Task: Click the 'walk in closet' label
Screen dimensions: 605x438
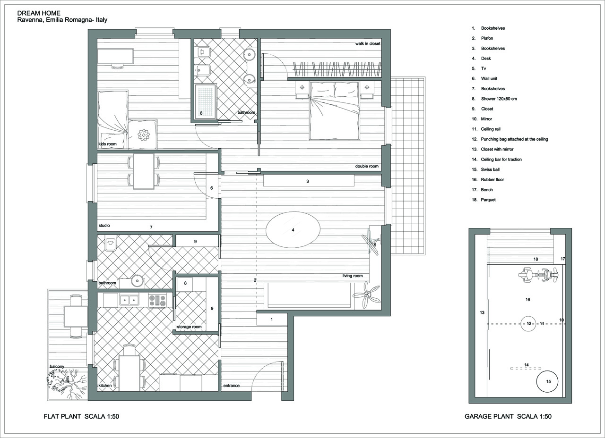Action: click(x=368, y=43)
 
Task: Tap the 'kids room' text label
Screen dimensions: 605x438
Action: click(x=107, y=144)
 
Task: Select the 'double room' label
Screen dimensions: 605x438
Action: click(x=367, y=166)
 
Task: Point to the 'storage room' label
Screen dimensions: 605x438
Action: click(x=190, y=327)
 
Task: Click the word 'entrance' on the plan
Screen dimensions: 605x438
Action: click(x=232, y=386)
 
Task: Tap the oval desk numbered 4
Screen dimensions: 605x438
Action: click(x=293, y=229)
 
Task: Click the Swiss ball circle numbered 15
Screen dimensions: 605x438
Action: click(x=547, y=381)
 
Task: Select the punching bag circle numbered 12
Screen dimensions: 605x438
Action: click(x=528, y=324)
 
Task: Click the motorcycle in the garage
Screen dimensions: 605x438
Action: click(x=538, y=275)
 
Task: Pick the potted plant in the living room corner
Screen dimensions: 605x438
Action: click(x=366, y=295)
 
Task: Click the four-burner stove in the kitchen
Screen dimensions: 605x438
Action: click(x=157, y=301)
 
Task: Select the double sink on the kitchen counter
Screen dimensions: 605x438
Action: click(x=129, y=300)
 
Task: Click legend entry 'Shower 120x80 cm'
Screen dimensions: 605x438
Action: click(x=499, y=99)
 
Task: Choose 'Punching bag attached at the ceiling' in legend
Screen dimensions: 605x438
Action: click(x=515, y=139)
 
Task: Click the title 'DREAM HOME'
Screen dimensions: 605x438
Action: click(x=39, y=13)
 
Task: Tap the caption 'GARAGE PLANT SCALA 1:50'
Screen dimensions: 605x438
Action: click(x=508, y=416)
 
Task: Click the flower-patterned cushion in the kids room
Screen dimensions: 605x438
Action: click(x=143, y=135)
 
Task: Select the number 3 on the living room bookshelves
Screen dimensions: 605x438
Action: click(x=307, y=182)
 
